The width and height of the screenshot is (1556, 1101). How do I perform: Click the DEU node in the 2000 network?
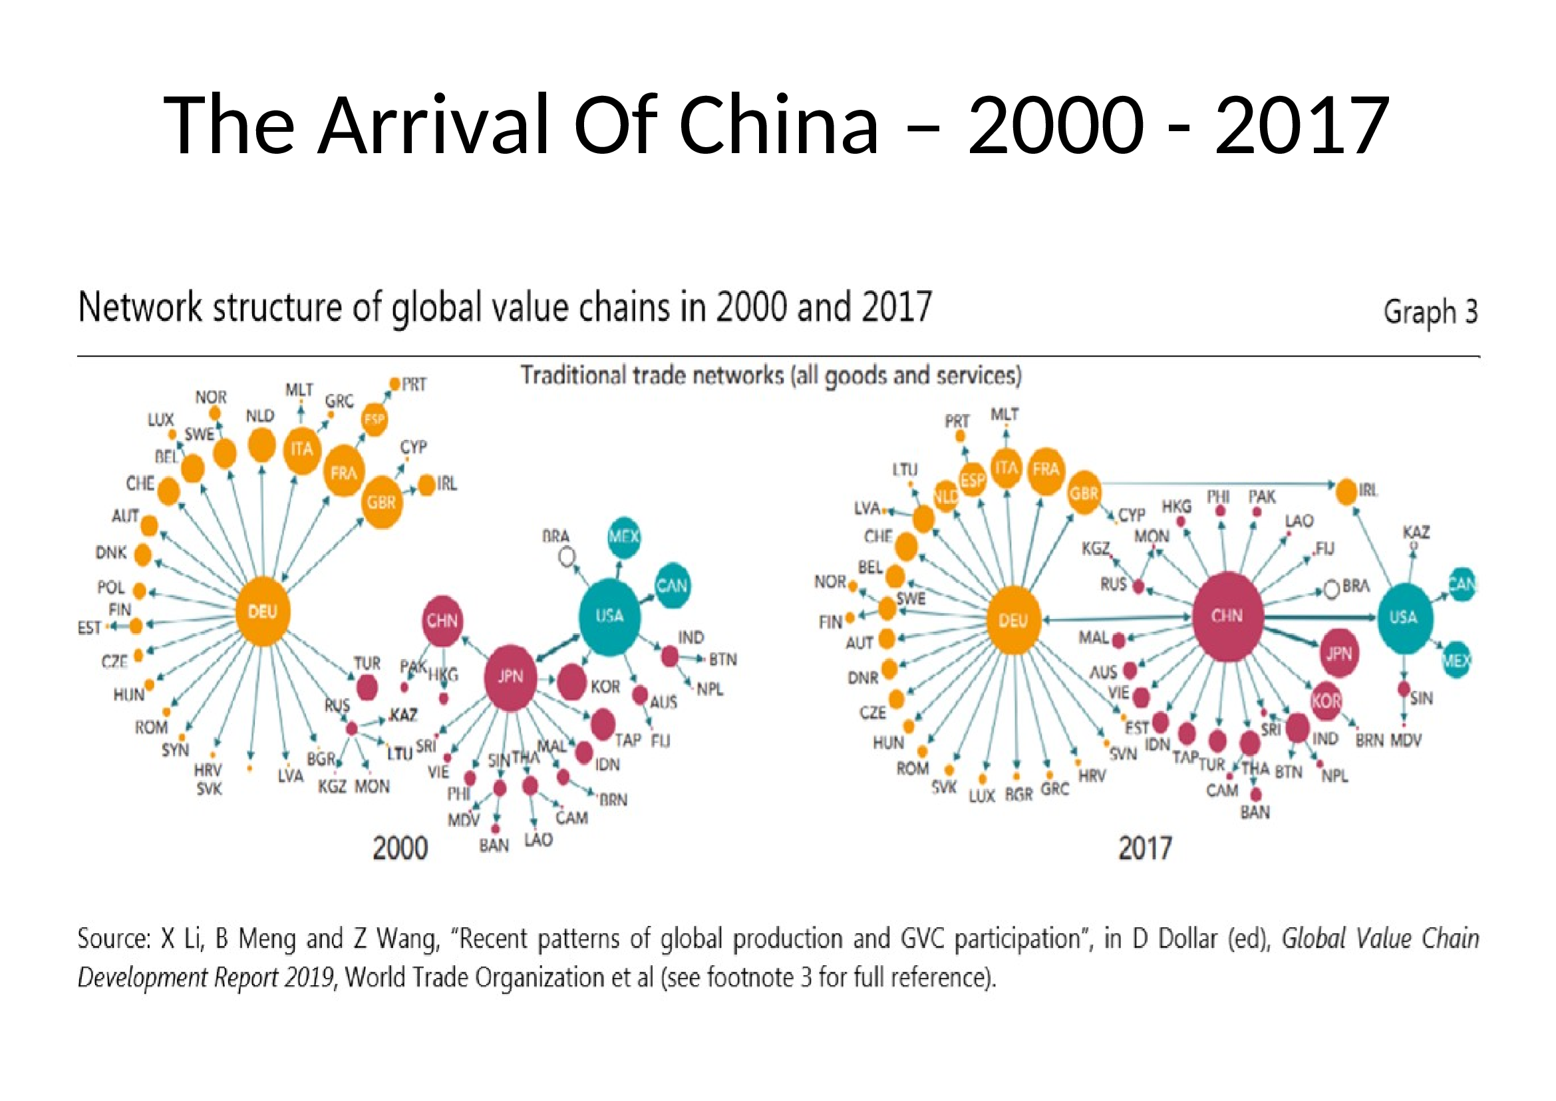[x=263, y=611]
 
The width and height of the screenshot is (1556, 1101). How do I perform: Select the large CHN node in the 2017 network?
[x=1227, y=616]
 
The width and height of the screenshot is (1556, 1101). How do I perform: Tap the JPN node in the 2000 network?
[x=510, y=676]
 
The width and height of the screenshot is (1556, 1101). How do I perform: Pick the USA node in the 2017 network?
[x=1403, y=617]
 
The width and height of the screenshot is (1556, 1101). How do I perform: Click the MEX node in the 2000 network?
[x=623, y=537]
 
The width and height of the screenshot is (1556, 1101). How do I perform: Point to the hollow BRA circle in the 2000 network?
[x=567, y=557]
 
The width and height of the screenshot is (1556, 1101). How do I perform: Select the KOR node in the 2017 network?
[x=1326, y=700]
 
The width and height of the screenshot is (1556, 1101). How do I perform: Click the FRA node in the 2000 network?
[x=343, y=472]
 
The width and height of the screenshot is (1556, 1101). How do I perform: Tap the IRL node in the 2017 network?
[x=1346, y=491]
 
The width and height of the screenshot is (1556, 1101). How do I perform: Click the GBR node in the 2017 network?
[x=1084, y=493]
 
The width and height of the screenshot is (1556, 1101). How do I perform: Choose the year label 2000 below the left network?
[x=400, y=848]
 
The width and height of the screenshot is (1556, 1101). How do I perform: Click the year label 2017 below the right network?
[x=1145, y=848]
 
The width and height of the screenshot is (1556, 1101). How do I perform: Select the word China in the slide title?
[x=778, y=125]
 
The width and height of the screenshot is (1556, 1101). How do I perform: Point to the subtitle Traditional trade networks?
[x=770, y=375]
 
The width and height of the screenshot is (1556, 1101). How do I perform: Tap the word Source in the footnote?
[x=112, y=939]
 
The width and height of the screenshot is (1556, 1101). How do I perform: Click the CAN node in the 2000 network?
[x=672, y=585]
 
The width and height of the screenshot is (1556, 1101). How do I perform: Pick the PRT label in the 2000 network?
[x=413, y=385]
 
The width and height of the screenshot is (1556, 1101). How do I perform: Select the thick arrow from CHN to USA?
[x=1318, y=617]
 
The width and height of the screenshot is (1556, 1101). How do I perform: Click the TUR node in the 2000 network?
[x=367, y=688]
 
